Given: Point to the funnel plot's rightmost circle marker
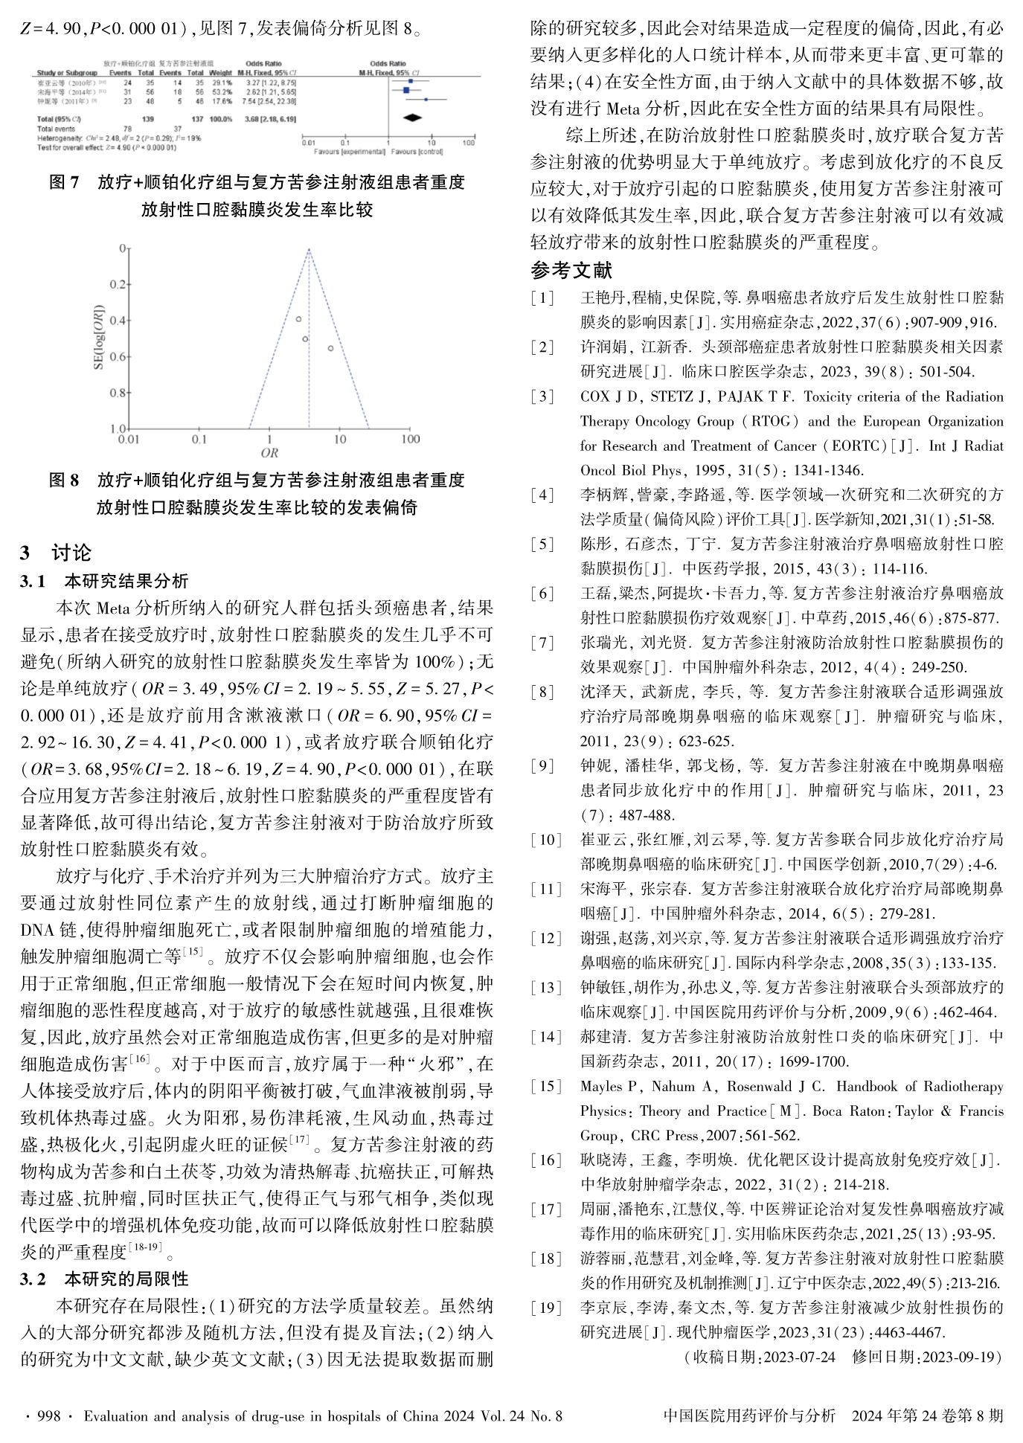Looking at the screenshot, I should (330, 348).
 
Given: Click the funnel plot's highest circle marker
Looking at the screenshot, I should (298, 319).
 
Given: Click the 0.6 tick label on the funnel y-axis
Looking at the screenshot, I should (118, 356).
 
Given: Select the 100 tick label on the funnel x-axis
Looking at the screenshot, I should (410, 439).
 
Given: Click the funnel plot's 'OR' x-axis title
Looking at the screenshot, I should (269, 452).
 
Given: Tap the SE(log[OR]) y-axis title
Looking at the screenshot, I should (98, 339).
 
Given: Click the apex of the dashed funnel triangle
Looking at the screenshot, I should (309, 250).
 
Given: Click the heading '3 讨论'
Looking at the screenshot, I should (57, 553).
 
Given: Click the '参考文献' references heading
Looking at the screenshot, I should (571, 271).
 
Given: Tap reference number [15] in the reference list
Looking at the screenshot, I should (542, 1087).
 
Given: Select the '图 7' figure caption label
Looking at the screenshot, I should (64, 183).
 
